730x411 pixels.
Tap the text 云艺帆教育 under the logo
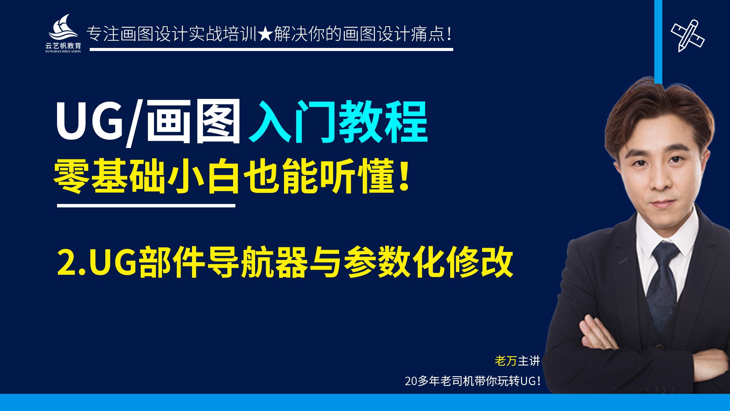[x=63, y=46]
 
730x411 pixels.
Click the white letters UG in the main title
[x=90, y=121]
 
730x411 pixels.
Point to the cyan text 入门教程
[x=338, y=122]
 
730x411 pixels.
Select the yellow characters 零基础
[x=109, y=177]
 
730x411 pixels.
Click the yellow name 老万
[x=506, y=361]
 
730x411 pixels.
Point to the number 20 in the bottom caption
[x=411, y=381]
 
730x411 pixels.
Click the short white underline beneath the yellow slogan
[x=146, y=205]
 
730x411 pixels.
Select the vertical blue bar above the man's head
[x=658, y=42]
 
